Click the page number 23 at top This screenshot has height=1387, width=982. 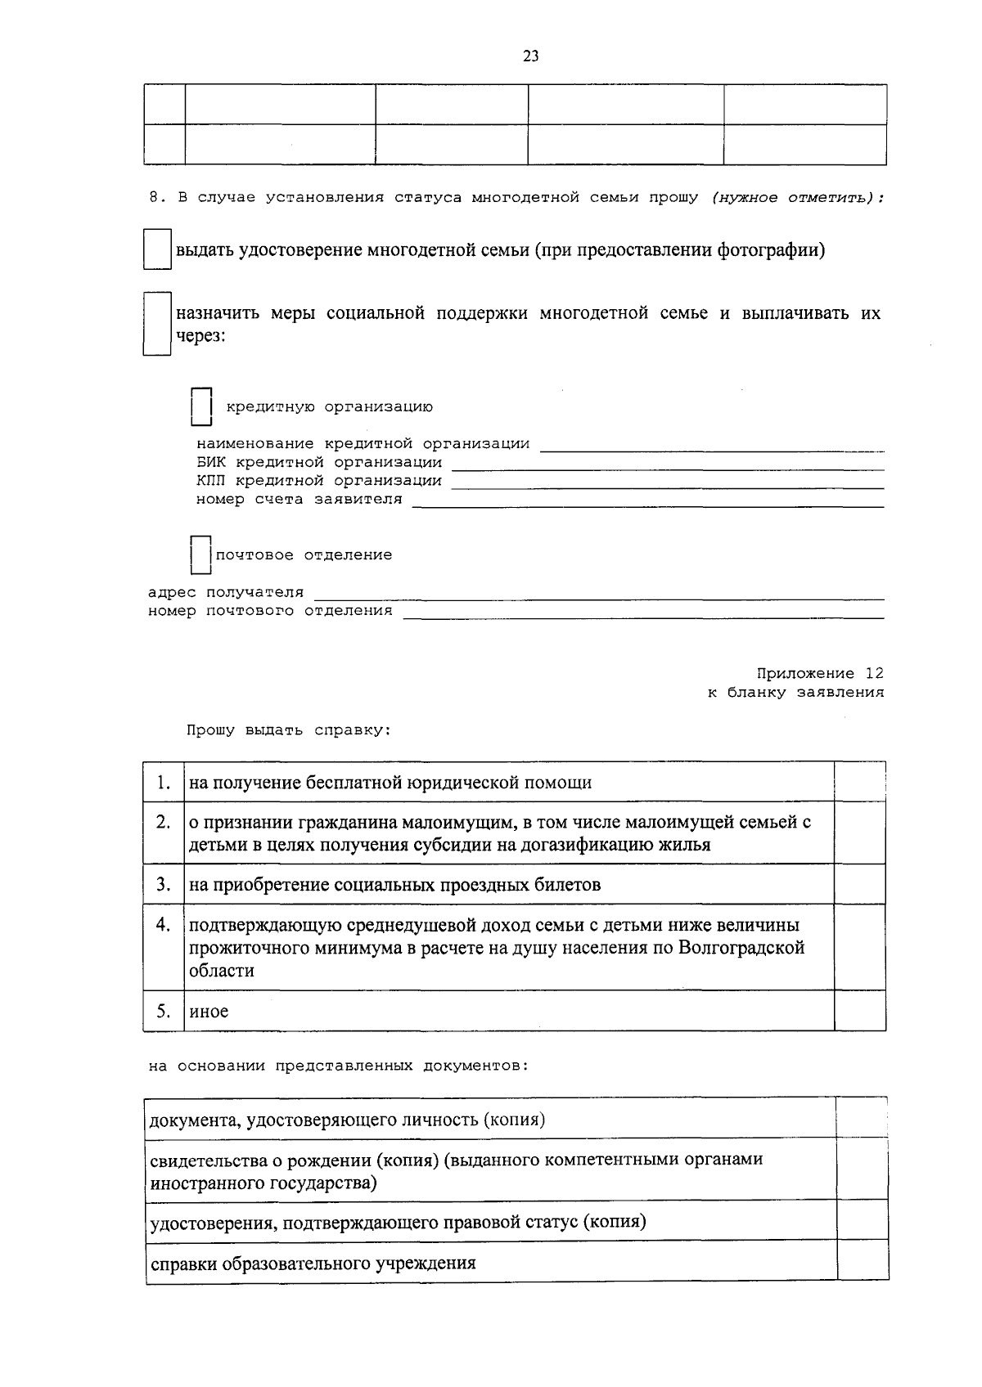[x=530, y=56]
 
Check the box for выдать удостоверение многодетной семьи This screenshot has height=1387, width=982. [x=156, y=249]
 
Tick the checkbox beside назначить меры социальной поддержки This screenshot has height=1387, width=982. [x=156, y=324]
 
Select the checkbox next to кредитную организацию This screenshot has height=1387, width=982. [x=201, y=406]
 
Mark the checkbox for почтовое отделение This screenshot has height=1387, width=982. [x=200, y=554]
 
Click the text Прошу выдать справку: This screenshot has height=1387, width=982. [x=288, y=730]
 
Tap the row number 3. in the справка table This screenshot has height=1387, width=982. [x=164, y=884]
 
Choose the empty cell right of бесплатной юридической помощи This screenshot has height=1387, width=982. [x=859, y=782]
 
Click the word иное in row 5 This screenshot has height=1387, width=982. [x=209, y=1012]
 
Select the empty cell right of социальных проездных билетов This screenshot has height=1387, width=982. [x=859, y=884]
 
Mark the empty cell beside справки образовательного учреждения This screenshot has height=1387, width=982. [x=863, y=1262]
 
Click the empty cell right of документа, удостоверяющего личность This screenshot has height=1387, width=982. [x=863, y=1118]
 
